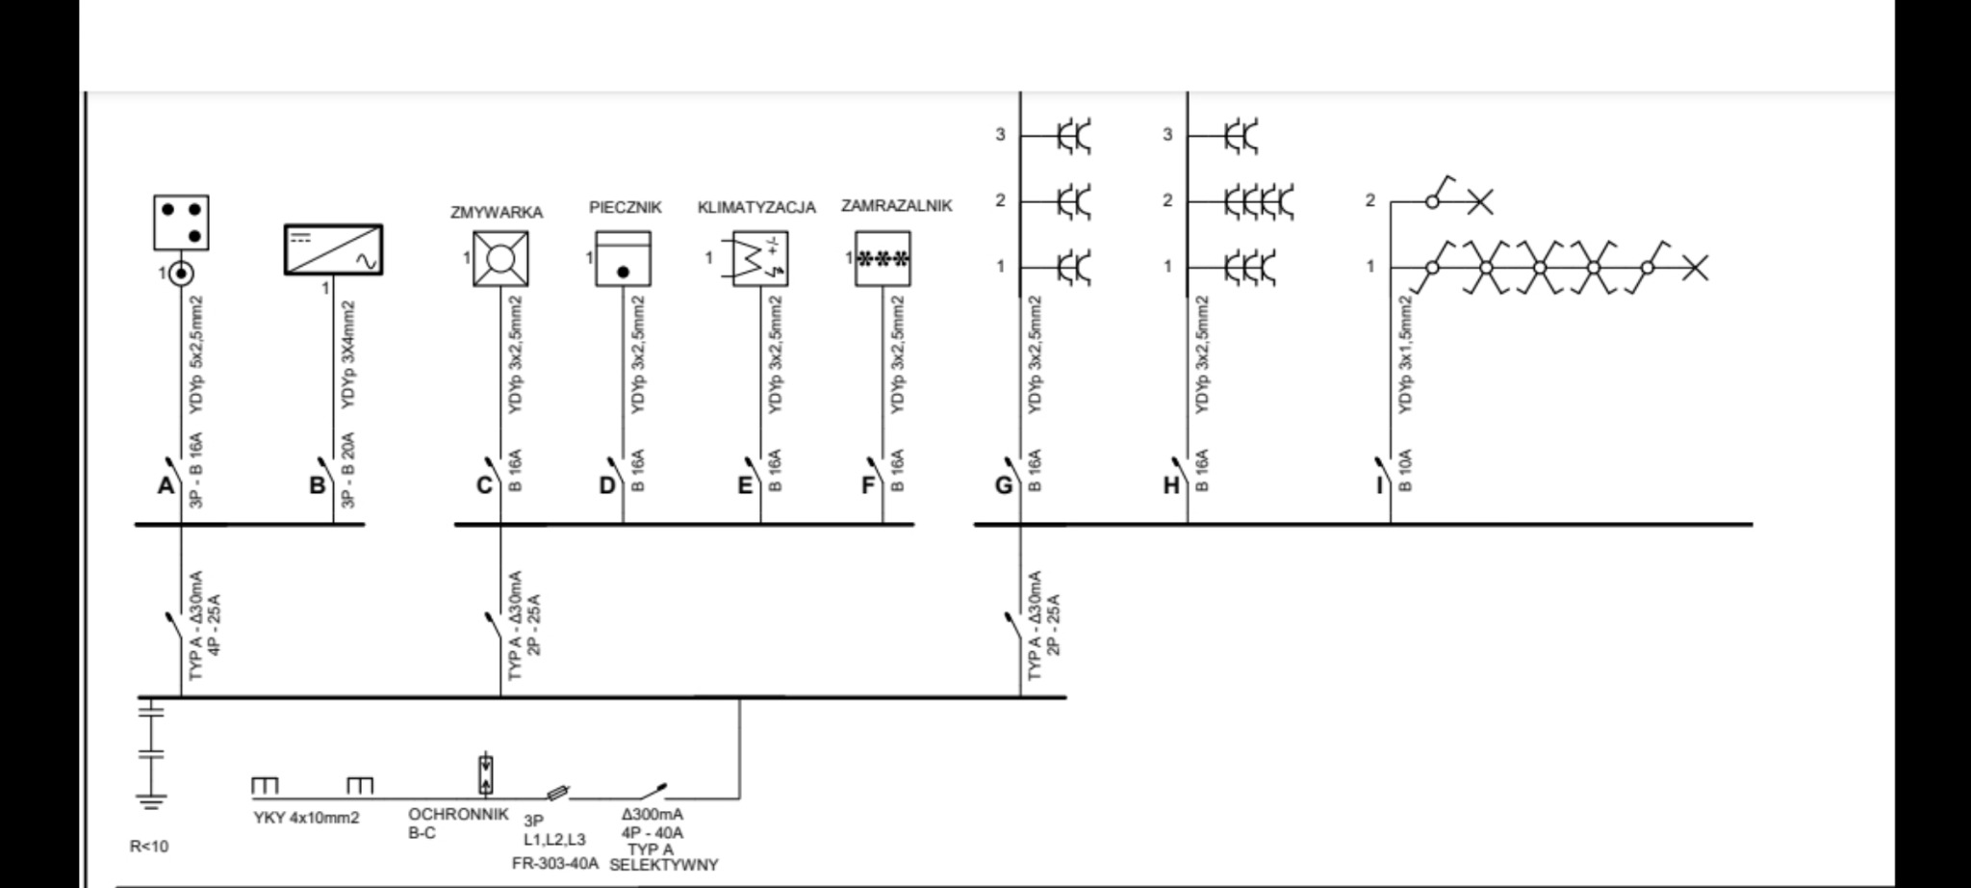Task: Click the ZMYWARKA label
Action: coord(497,213)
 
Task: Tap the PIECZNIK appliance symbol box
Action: coord(623,258)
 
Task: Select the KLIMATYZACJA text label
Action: coord(756,208)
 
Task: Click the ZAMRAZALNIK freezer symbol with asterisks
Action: coord(883,258)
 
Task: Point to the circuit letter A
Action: coord(166,485)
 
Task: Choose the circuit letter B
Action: coord(317,485)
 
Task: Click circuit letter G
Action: coord(1004,485)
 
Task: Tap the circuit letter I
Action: coord(1378,485)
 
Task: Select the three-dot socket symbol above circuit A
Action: coord(181,222)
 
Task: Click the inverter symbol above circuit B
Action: coord(333,249)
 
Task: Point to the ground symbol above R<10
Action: coord(150,799)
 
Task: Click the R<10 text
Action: coord(149,848)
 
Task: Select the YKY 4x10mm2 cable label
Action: coord(306,819)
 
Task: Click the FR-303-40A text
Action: coord(555,863)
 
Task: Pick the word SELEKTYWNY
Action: coord(664,865)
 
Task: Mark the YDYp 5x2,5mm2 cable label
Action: coord(196,356)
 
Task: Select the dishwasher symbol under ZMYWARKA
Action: coord(500,258)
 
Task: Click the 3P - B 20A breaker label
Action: coord(348,470)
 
